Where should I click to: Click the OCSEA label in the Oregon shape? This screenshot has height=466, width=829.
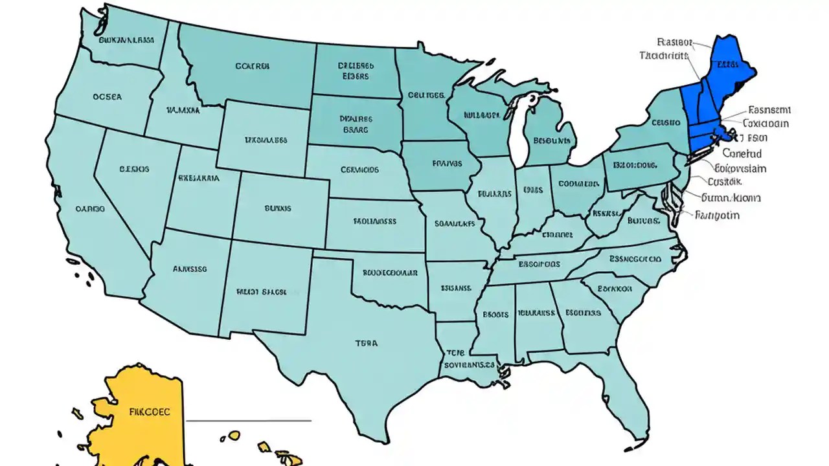point(107,98)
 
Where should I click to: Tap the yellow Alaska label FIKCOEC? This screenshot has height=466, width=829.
point(150,411)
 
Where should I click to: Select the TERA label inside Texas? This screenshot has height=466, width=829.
point(366,344)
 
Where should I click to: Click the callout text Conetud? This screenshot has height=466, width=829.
point(742,154)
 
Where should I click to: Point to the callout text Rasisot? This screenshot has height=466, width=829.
point(674,43)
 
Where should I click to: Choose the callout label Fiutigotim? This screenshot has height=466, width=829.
point(717,216)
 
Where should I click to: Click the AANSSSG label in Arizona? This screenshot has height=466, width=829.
point(189,267)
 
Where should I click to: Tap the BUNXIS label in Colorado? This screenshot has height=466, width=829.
point(278,208)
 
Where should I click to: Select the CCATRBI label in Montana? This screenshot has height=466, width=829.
point(253,66)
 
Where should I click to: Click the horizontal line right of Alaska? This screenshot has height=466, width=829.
point(249,421)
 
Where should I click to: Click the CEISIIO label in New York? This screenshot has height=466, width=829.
point(666,122)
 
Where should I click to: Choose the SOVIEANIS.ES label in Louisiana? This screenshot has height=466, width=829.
point(470,364)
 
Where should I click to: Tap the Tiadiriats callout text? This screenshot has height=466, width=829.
point(663,56)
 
